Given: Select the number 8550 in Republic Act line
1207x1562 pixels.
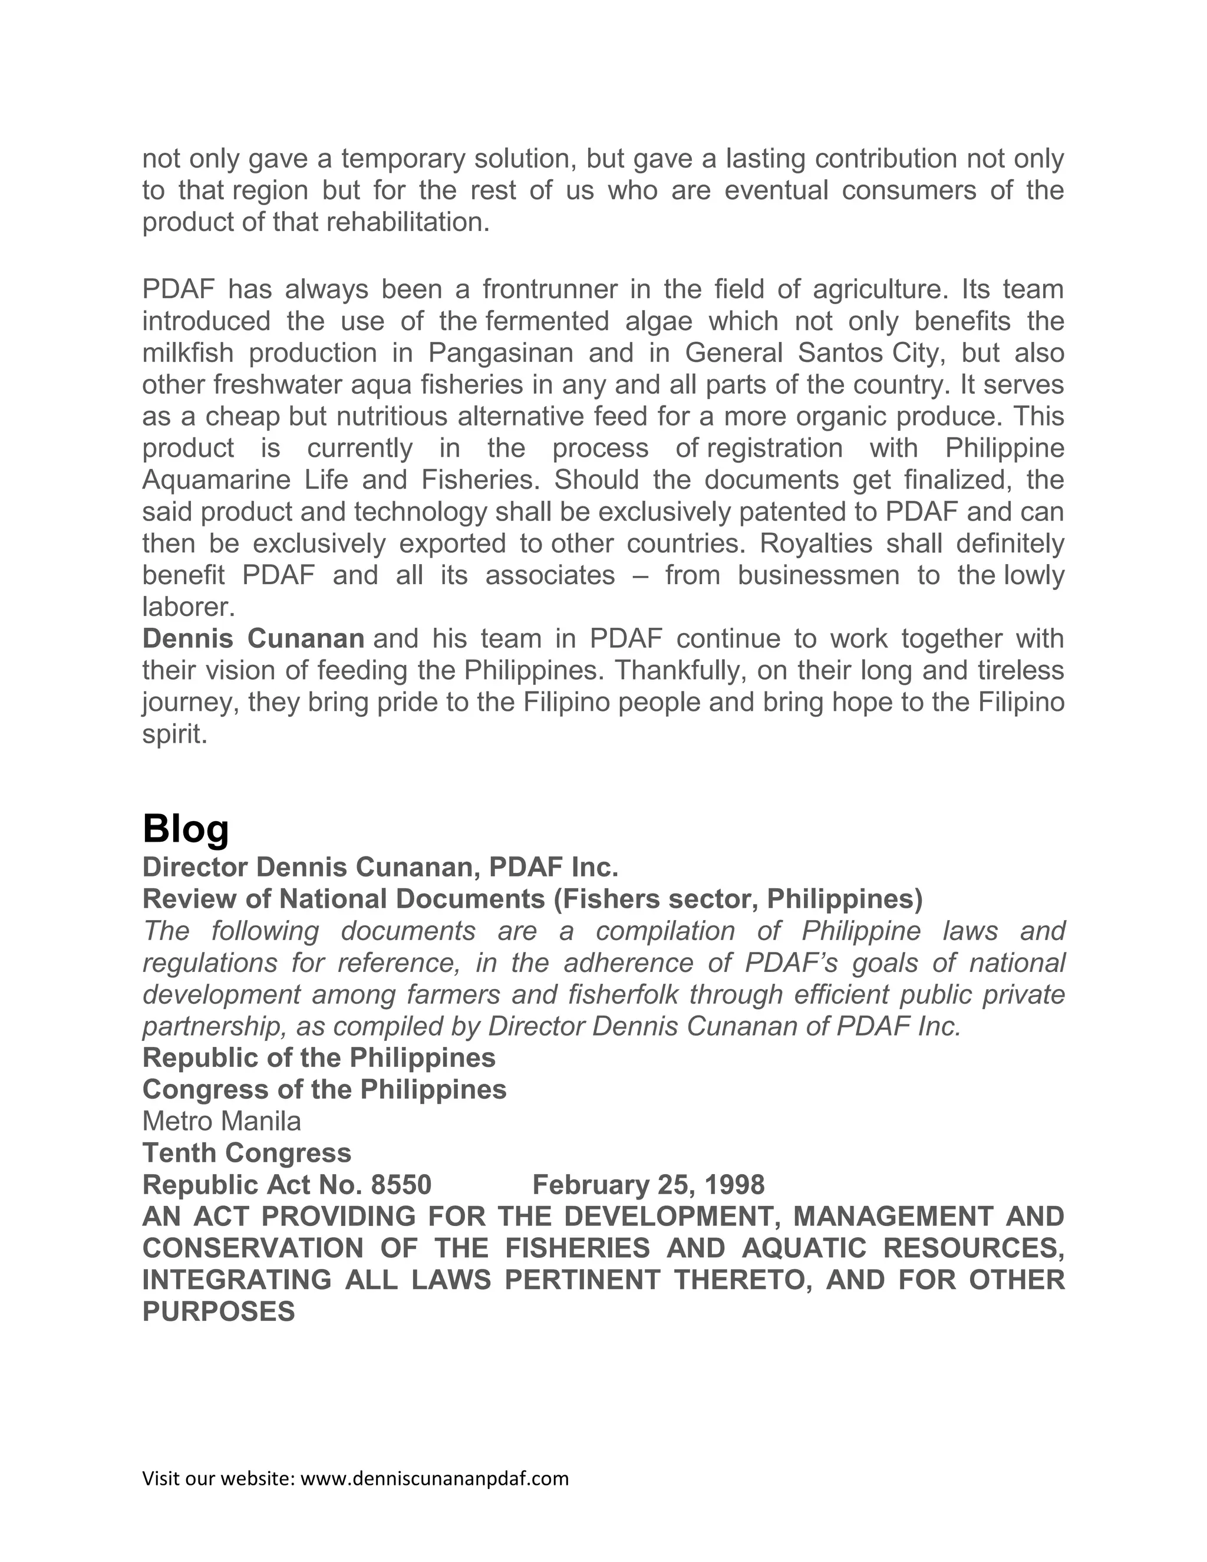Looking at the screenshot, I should coord(401,1184).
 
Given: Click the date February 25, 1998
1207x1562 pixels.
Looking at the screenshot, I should coord(648,1184).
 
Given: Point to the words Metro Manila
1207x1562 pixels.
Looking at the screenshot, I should coord(222,1121).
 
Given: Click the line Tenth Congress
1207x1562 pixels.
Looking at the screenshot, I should coord(247,1152).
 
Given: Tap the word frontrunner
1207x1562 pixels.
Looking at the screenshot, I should coord(549,289).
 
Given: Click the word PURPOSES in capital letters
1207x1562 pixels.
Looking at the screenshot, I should coord(219,1311).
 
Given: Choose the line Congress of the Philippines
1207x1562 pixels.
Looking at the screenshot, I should coord(324,1089).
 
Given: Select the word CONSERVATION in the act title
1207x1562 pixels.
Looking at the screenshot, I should coord(252,1248).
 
